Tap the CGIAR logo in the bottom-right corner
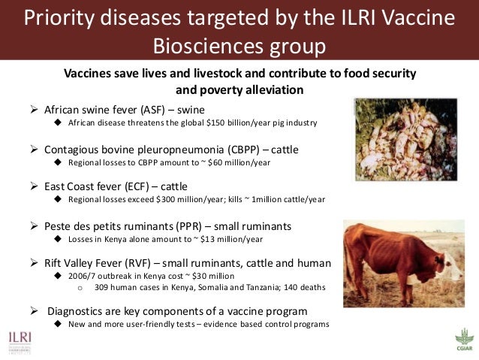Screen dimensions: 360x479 coord(464,339)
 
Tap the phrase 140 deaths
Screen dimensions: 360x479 coord(307,287)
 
